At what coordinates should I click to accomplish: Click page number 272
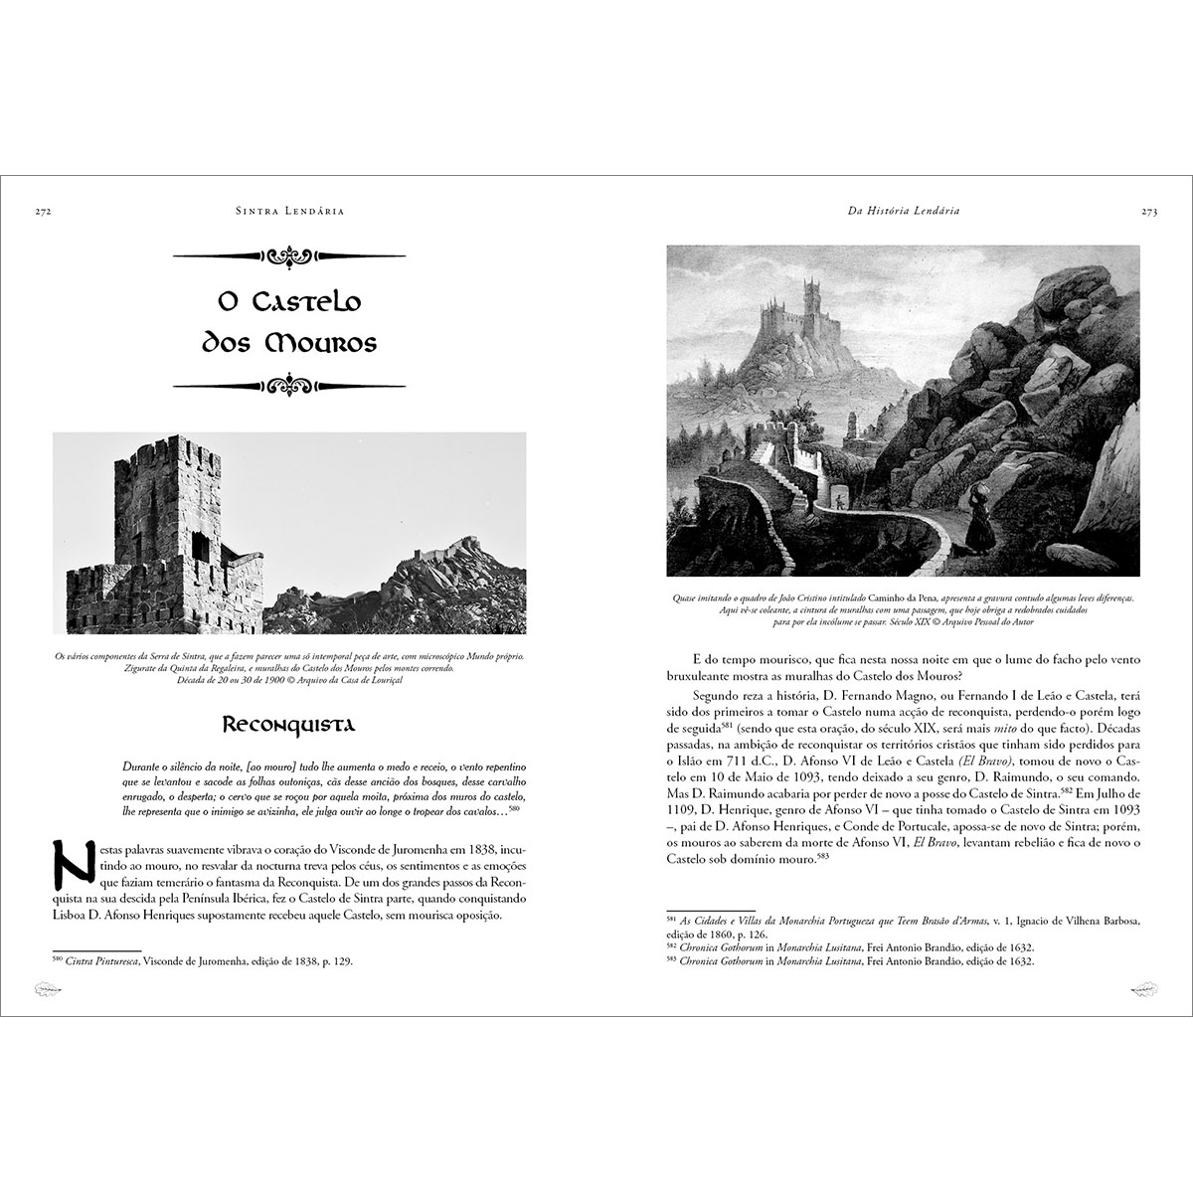coord(42,212)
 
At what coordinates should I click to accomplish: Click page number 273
coord(1149,212)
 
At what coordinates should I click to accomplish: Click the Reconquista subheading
coord(288,724)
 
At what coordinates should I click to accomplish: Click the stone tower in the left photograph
coord(154,517)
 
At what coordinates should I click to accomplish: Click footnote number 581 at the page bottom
coord(670,918)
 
